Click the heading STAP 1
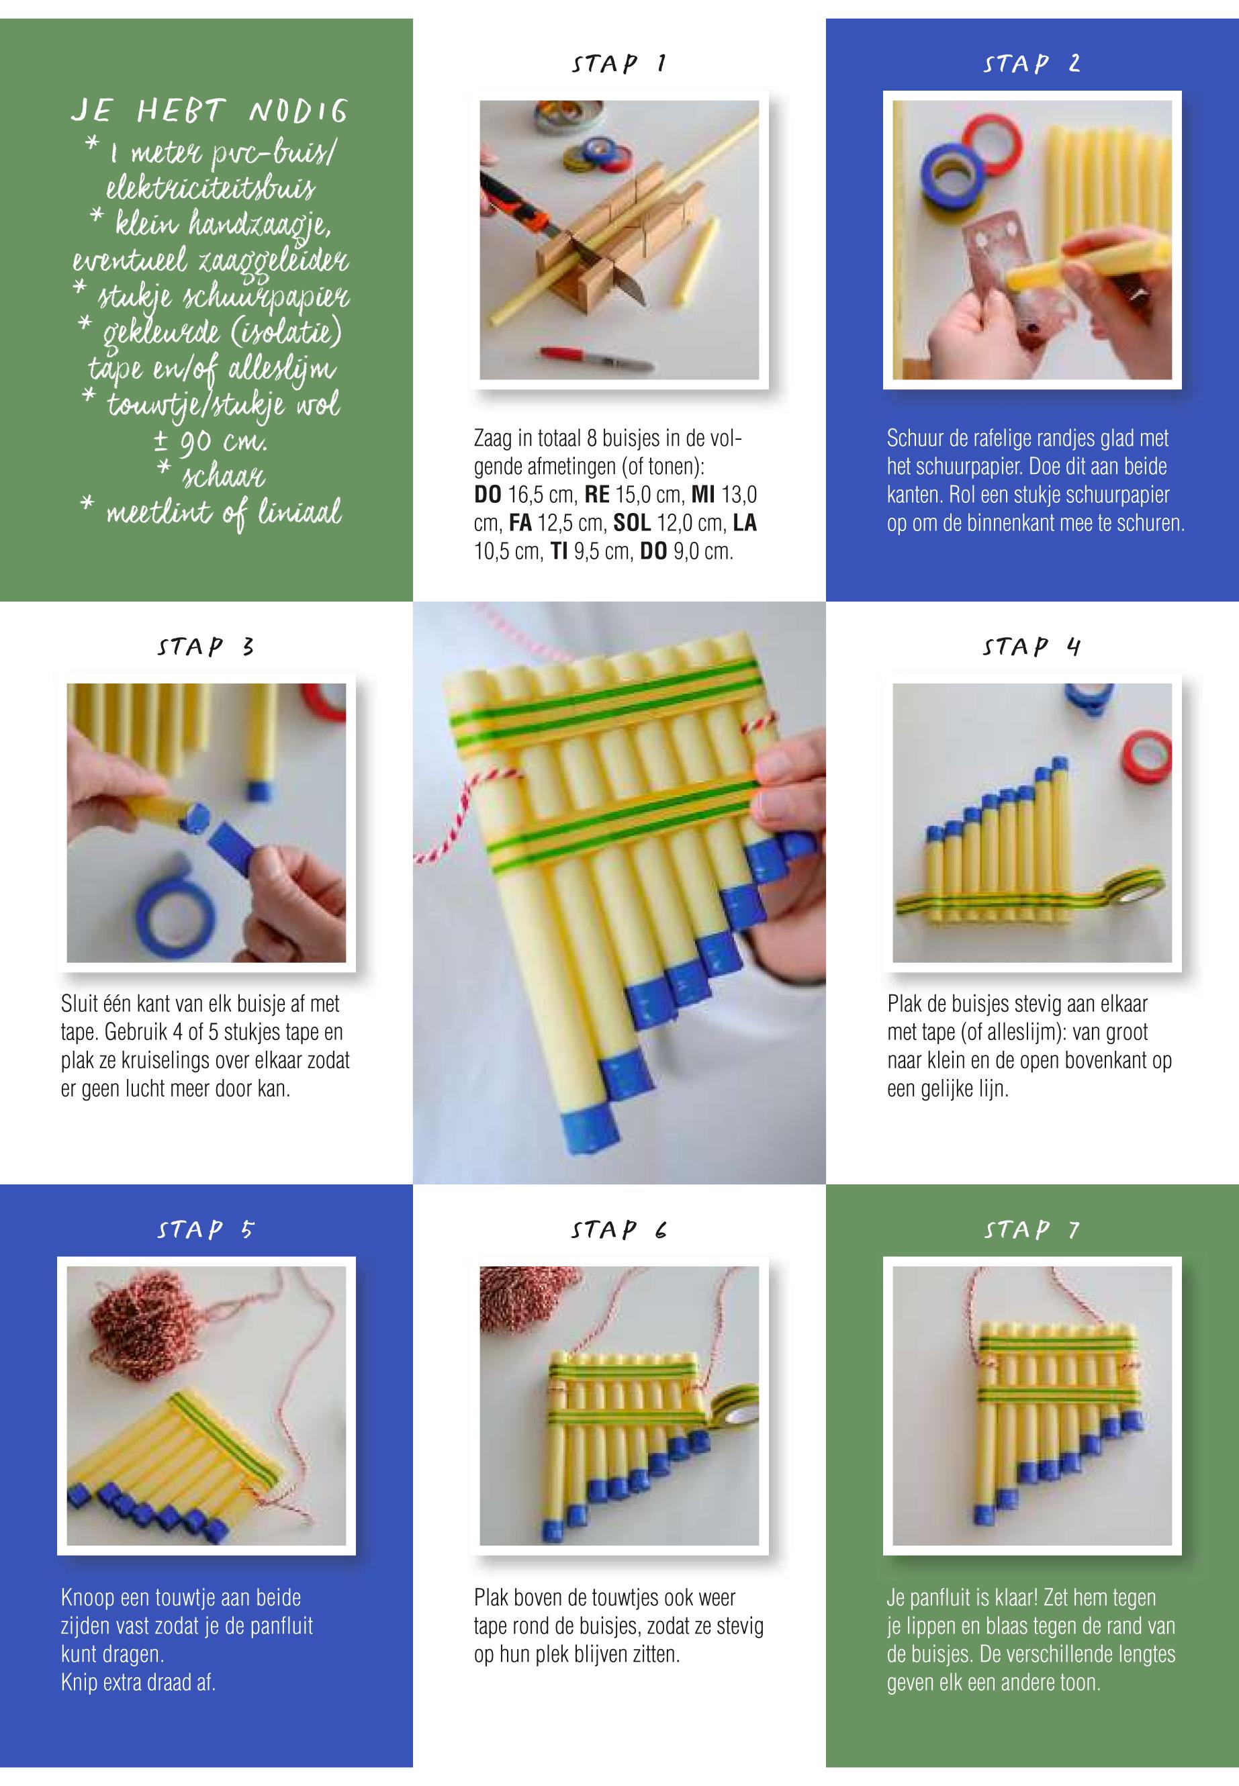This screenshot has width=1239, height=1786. click(618, 63)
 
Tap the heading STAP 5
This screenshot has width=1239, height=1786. click(205, 1229)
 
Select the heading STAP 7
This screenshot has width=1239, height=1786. click(1031, 1229)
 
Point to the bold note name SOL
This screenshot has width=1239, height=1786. click(631, 523)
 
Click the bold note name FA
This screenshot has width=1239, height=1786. click(520, 523)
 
